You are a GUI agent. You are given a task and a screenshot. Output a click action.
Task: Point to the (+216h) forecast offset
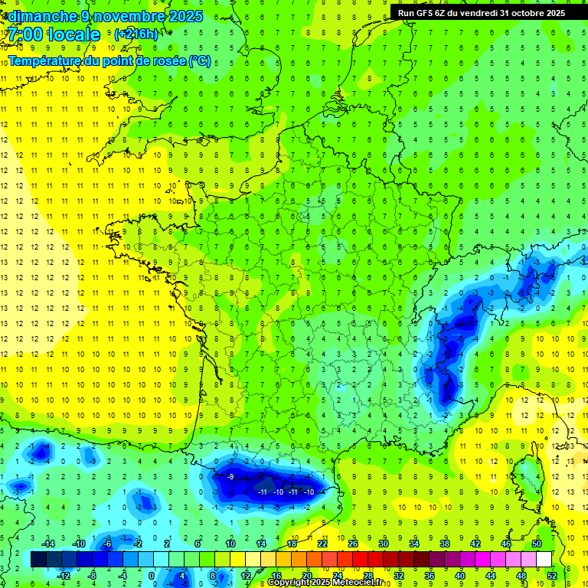[x=136, y=34]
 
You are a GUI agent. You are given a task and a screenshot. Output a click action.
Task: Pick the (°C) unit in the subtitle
[x=199, y=60]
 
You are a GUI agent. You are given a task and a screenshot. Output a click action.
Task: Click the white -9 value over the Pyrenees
[x=230, y=477]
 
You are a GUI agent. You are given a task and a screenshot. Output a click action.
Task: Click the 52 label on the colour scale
[x=551, y=576]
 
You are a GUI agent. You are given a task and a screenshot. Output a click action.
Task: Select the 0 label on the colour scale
[x=152, y=576]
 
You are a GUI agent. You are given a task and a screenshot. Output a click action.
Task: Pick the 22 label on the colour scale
[x=322, y=544]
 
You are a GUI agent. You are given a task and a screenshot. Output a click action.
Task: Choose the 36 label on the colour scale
[x=430, y=576]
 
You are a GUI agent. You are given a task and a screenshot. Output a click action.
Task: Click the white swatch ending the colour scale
[x=544, y=560]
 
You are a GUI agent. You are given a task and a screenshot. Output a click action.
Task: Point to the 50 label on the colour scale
[x=537, y=544]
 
